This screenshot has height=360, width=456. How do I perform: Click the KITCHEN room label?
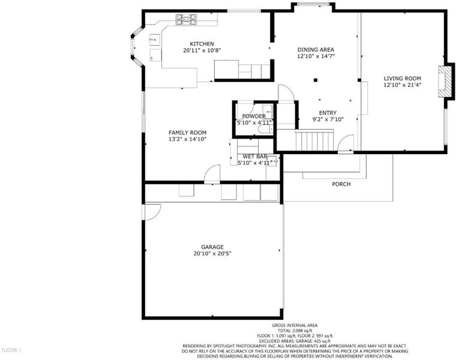click(202, 44)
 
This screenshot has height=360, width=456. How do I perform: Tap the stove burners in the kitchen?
click(187, 19)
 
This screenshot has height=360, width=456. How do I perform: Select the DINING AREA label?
click(316, 50)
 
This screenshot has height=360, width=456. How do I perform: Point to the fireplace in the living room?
click(445, 82)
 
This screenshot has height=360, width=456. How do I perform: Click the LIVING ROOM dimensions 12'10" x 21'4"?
click(403, 85)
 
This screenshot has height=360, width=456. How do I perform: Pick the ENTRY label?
click(328, 113)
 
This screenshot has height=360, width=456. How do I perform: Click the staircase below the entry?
click(314, 140)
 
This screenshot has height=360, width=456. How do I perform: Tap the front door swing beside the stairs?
click(346, 143)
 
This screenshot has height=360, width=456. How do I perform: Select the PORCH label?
click(341, 184)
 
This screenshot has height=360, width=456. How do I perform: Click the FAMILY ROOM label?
click(188, 133)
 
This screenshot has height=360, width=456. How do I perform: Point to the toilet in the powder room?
click(265, 129)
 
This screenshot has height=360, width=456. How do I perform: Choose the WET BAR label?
click(255, 157)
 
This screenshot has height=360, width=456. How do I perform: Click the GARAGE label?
click(212, 247)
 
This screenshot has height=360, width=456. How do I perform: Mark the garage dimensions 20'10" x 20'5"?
click(212, 254)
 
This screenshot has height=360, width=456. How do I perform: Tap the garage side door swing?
click(152, 212)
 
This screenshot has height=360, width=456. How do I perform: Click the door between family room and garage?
click(212, 174)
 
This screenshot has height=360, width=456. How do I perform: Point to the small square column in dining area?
click(316, 80)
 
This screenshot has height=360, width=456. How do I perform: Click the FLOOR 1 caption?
click(11, 350)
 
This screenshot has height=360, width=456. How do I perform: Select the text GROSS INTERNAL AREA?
click(295, 325)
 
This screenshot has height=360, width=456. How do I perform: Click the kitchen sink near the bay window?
click(154, 40)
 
